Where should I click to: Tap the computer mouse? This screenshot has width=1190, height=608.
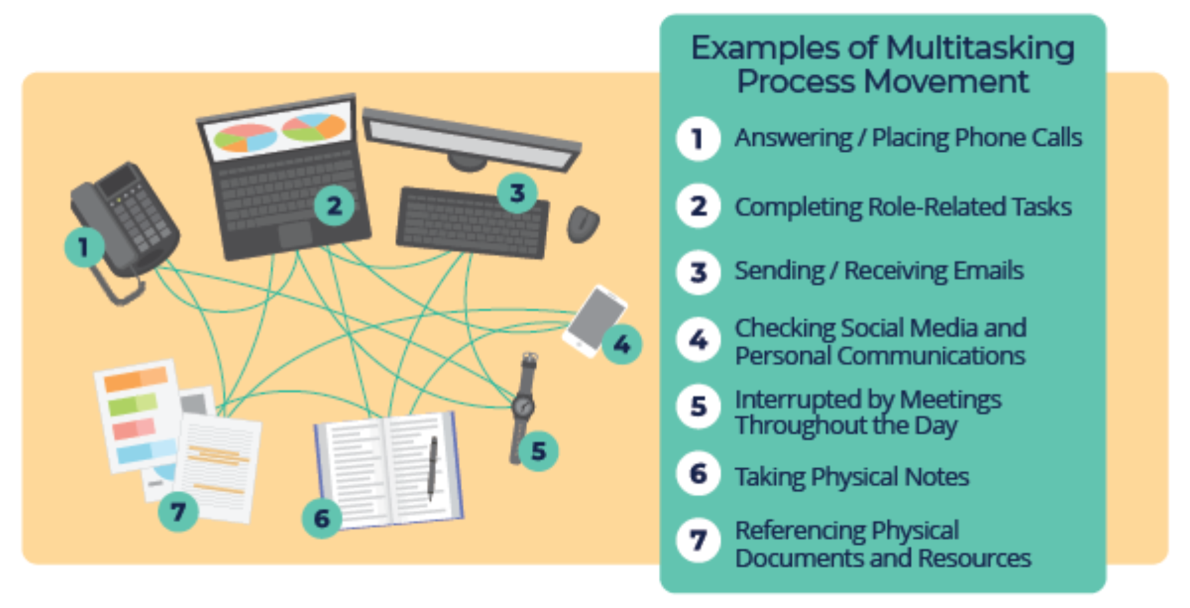tap(582, 223)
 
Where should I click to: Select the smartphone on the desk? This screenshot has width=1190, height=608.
tap(594, 320)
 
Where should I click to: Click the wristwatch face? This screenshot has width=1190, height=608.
tap(523, 405)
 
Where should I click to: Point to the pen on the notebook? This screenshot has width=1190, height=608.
tap(432, 465)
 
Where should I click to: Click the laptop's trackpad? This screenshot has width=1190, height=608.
tap(295, 234)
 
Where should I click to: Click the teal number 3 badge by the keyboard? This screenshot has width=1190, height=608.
tap(517, 193)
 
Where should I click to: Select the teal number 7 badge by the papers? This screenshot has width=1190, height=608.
tap(178, 512)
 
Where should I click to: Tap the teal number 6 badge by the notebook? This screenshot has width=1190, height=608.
tap(322, 518)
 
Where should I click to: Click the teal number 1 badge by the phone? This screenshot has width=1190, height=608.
tap(84, 247)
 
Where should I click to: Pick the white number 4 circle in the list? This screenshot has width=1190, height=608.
tap(698, 340)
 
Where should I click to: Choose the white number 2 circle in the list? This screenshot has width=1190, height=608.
tap(698, 206)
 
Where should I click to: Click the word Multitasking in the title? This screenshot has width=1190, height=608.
tap(979, 48)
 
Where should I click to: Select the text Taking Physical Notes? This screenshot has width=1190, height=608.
tap(851, 477)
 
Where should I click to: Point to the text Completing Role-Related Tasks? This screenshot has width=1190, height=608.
tap(902, 207)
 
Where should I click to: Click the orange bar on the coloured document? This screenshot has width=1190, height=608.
tap(136, 379)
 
